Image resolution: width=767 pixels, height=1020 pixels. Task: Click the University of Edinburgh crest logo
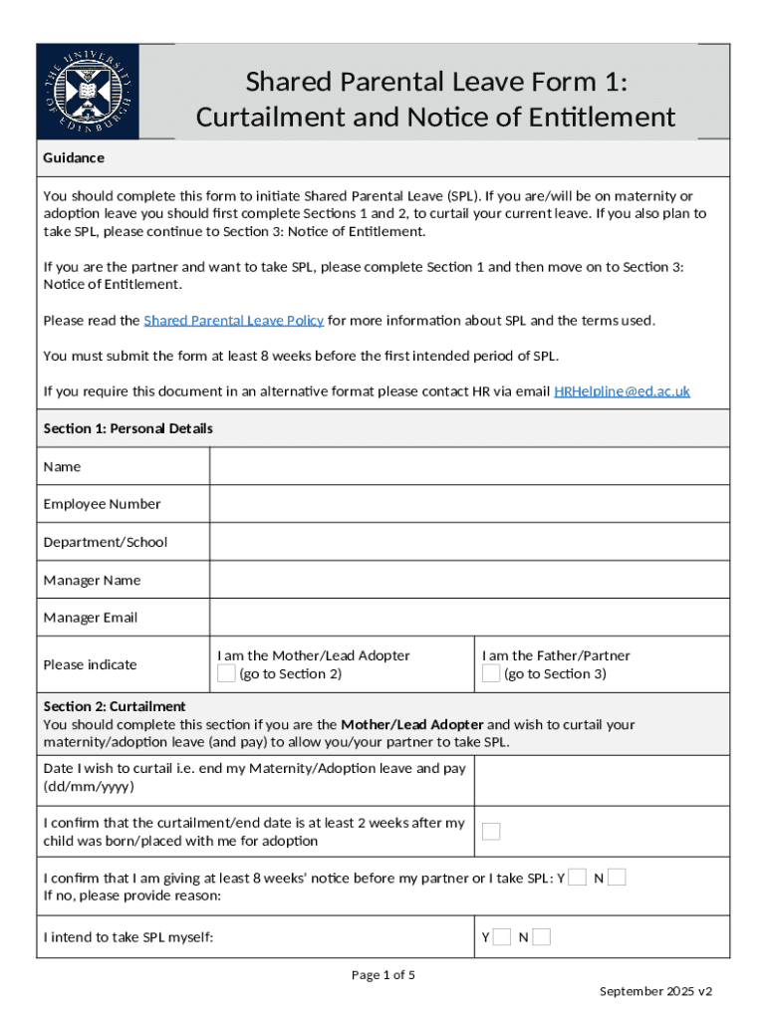tap(88, 92)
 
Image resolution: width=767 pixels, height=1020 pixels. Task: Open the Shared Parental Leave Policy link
tap(234, 321)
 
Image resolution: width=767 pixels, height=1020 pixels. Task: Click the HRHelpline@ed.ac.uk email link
tap(622, 391)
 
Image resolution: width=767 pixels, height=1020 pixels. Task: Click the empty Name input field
tap(469, 466)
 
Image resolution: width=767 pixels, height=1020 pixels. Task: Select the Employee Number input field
tap(469, 504)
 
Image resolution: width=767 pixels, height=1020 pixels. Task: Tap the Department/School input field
tap(469, 542)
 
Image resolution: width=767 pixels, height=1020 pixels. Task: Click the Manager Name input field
tap(469, 580)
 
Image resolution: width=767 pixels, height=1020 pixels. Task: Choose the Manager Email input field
tap(469, 618)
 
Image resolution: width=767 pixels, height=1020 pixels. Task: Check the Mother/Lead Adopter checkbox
tap(226, 674)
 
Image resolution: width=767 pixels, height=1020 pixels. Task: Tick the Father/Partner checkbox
tap(491, 674)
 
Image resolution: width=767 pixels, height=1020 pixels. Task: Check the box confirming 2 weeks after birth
tap(491, 832)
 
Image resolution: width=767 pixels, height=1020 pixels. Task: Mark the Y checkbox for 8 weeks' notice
tap(577, 878)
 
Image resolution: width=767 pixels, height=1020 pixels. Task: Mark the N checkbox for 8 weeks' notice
tap(617, 878)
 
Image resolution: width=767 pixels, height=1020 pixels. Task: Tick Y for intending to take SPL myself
tap(502, 937)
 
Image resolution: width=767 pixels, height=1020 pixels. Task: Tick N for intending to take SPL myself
tap(541, 937)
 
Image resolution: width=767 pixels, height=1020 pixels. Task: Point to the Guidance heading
tap(74, 158)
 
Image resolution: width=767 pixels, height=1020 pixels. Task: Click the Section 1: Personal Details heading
tap(128, 429)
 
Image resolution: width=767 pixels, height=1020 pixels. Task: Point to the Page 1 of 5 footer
tap(383, 975)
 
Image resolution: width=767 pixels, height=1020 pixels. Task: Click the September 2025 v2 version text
tap(655, 992)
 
